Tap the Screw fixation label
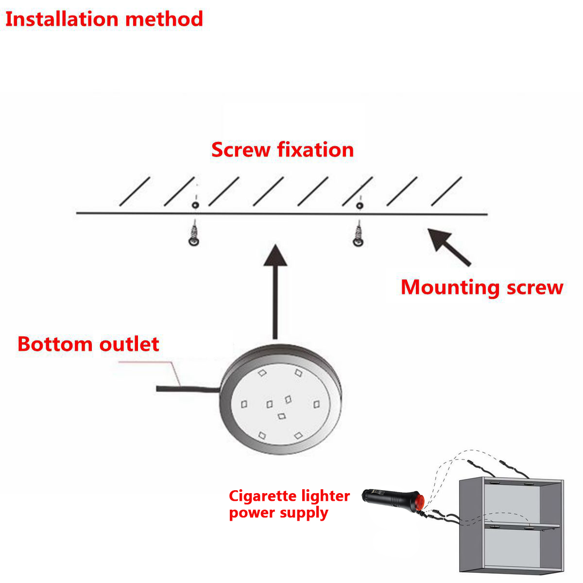[x=282, y=150]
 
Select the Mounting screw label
[x=481, y=287]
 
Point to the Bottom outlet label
[x=88, y=344]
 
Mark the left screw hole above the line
[x=195, y=206]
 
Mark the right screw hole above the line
[x=359, y=206]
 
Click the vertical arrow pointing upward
[x=275, y=291]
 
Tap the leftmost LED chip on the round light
[x=244, y=403]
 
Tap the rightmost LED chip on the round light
[x=317, y=403]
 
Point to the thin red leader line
[x=146, y=362]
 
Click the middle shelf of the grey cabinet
[x=522, y=526]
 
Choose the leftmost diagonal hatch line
[x=135, y=191]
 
